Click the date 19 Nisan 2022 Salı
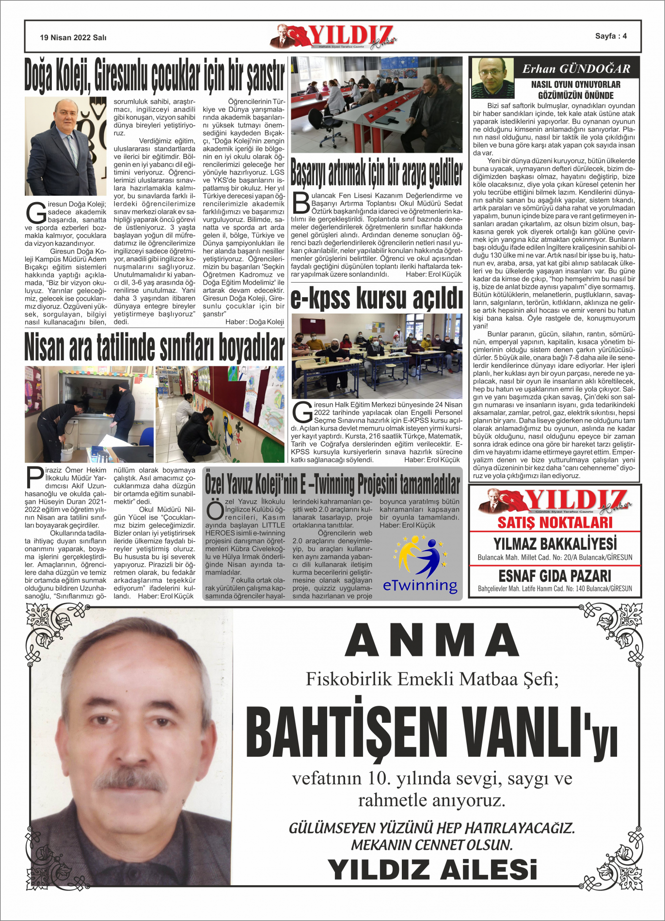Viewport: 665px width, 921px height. (x=73, y=37)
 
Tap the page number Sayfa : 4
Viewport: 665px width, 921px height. (x=611, y=36)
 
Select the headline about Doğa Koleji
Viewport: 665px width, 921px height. (x=155, y=76)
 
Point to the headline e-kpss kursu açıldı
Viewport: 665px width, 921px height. (x=377, y=297)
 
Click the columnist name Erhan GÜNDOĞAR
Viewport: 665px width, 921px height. (x=576, y=69)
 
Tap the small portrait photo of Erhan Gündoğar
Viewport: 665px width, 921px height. (x=492, y=78)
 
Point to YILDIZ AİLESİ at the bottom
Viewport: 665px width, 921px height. (x=432, y=869)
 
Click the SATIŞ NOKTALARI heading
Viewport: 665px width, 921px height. (x=555, y=523)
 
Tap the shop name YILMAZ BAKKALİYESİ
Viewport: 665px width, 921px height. (x=555, y=543)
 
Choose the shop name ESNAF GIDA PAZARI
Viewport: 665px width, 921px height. (x=555, y=576)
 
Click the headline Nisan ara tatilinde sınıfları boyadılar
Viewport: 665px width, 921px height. (x=155, y=347)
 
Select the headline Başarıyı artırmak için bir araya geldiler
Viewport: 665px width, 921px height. (x=377, y=172)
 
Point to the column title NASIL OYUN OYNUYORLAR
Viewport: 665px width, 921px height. (x=576, y=84)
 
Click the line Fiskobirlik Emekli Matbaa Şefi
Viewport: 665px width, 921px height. (x=432, y=679)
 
